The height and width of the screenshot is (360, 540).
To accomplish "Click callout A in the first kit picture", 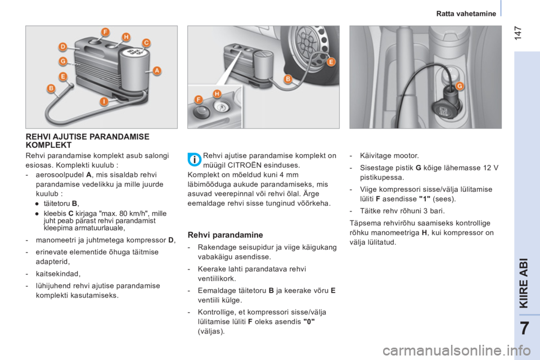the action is pyautogui.click(x=157, y=71).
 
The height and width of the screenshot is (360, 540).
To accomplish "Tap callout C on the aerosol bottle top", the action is pyautogui.click(x=146, y=43).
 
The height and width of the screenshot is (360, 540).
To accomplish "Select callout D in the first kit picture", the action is pyautogui.click(x=62, y=47).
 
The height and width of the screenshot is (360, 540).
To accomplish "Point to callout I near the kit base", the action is pyautogui.click(x=103, y=102).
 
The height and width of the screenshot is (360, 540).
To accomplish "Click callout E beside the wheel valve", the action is pyautogui.click(x=331, y=62).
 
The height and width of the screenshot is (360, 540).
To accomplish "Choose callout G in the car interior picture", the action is pyautogui.click(x=460, y=85).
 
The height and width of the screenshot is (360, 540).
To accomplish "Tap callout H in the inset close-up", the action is pyautogui.click(x=217, y=94).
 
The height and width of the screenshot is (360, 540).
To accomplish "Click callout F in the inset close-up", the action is pyautogui.click(x=199, y=100).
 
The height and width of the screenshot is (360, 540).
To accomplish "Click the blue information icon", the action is pyautogui.click(x=195, y=160).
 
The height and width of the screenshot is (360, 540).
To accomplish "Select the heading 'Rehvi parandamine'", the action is pyautogui.click(x=225, y=235).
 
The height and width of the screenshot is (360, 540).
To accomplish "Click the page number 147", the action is pyautogui.click(x=518, y=33).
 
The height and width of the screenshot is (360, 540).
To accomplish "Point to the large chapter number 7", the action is pyautogui.click(x=524, y=328).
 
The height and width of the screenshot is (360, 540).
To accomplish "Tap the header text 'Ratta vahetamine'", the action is pyautogui.click(x=466, y=13).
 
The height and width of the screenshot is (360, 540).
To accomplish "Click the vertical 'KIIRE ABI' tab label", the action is pyautogui.click(x=524, y=283).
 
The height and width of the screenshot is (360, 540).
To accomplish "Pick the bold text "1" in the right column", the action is pyautogui.click(x=425, y=199).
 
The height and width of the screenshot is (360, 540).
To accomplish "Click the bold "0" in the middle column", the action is pyautogui.click(x=309, y=322).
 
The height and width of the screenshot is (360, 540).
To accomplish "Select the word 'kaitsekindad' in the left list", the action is pyautogui.click(x=57, y=274).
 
